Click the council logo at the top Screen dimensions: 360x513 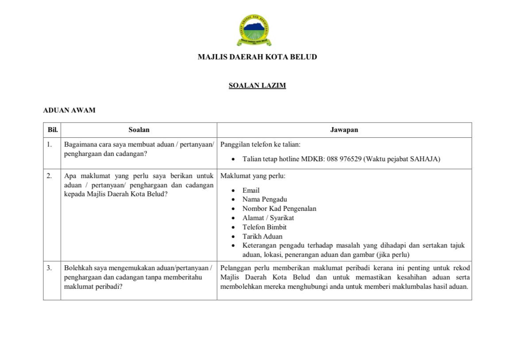pos(254,30)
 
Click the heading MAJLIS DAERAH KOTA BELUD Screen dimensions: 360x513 pos(257,57)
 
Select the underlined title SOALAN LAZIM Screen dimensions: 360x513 pos(257,86)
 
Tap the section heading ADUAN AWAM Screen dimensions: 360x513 pos(69,110)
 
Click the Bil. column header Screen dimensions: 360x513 pos(53,130)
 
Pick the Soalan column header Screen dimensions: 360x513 pos(139,130)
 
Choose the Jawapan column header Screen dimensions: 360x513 pos(344,130)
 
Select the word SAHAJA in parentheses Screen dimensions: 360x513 pos(424,159)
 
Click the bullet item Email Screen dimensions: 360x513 pos(251,190)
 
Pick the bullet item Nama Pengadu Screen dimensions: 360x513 pos(264,199)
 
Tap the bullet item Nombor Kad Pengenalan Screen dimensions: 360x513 pos(279,209)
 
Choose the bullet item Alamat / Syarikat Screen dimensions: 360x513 pos(268,218)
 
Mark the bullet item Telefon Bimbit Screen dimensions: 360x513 pos(264,227)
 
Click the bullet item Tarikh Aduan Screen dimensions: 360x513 pos(262,236)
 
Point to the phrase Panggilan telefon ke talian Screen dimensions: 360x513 pos(260,144)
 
